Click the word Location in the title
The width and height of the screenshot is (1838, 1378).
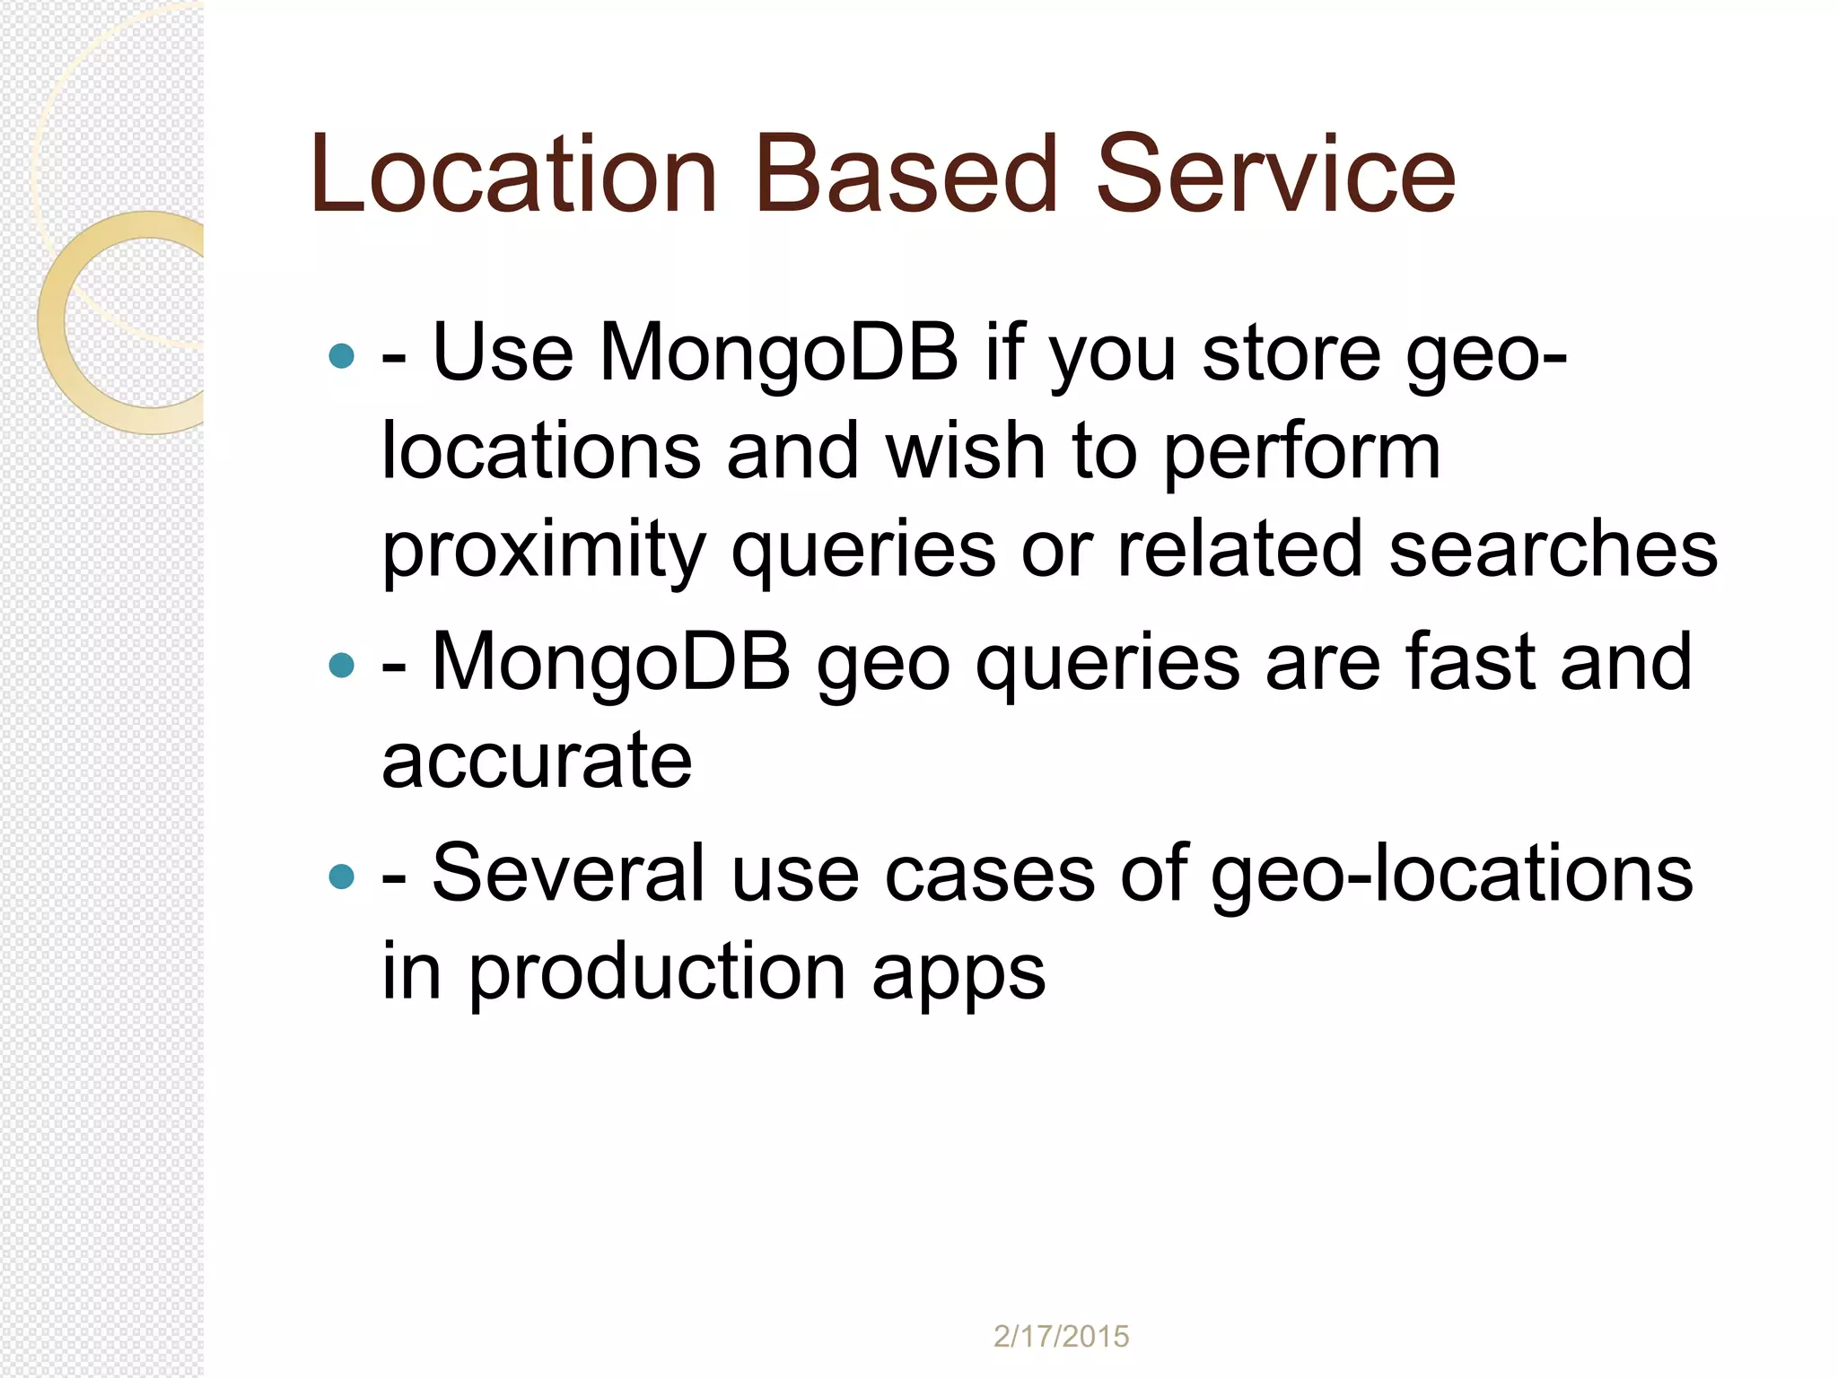click(513, 175)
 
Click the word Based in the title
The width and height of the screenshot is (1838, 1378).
click(906, 175)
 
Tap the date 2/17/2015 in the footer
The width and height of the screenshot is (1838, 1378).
click(1061, 1337)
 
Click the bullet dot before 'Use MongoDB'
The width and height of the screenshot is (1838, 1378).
click(342, 356)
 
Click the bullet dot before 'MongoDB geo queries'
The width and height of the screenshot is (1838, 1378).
click(342, 665)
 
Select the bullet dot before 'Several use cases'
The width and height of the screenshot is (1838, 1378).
click(342, 876)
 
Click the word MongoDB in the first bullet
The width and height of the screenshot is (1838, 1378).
click(779, 353)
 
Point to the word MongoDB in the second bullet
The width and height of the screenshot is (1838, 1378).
click(611, 662)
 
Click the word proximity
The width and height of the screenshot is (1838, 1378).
click(544, 549)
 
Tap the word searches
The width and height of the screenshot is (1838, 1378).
click(1553, 549)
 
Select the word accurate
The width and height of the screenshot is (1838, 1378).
click(537, 761)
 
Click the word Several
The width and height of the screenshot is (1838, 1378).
click(568, 873)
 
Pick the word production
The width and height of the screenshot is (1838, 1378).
click(657, 972)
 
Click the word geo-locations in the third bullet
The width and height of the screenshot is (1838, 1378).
click(1450, 875)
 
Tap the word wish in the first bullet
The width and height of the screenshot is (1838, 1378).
click(965, 451)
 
